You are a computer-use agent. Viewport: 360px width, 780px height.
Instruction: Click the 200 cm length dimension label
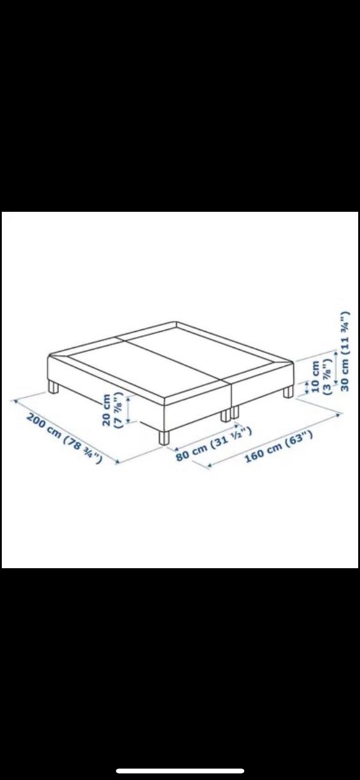point(65,439)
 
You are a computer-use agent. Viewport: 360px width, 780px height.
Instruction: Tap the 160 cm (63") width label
point(278,447)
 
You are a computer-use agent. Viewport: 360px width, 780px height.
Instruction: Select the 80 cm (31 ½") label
point(214,443)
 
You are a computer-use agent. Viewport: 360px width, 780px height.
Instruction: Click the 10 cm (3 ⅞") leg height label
point(320,377)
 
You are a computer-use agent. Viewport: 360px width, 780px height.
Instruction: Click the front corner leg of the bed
point(164,438)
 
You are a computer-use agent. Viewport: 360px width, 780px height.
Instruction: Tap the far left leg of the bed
point(53,386)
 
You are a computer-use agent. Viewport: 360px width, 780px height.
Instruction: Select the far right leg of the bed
point(288,391)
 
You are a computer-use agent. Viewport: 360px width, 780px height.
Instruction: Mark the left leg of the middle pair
point(225,415)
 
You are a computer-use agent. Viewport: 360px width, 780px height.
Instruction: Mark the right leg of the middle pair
point(236,412)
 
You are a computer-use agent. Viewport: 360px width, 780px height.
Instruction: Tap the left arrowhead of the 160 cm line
point(209,465)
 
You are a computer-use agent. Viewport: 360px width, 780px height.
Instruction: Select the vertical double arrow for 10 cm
point(307,387)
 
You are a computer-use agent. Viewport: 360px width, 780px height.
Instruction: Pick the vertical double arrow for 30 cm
point(335,367)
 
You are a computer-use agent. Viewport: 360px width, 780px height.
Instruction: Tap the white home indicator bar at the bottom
point(180,771)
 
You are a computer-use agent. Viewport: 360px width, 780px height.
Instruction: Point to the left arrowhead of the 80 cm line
point(177,449)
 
